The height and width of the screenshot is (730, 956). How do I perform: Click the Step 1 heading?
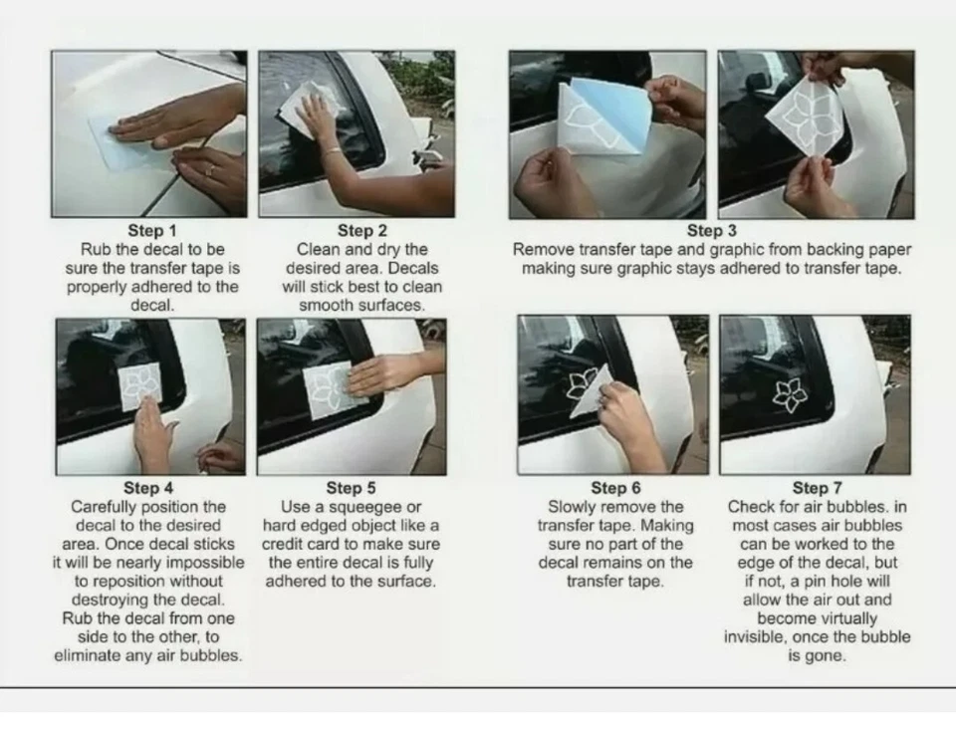[151, 230]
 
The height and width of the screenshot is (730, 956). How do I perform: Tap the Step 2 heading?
[362, 230]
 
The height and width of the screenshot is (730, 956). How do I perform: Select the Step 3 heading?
[711, 230]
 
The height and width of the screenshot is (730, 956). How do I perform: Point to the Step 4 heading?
[148, 488]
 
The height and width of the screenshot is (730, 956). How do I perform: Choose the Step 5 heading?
[351, 488]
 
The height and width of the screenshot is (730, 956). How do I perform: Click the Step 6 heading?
[615, 488]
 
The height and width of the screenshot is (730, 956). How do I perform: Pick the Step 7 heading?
[817, 488]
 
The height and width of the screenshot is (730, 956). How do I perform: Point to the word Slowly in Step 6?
[568, 507]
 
